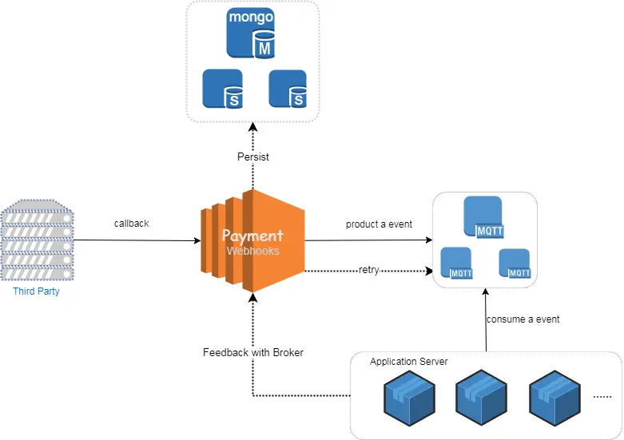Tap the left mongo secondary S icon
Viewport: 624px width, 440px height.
222,89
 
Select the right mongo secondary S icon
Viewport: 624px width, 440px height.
288,89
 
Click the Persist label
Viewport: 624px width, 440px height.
253,157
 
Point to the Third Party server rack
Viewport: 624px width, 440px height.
36,240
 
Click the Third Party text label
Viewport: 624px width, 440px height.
36,291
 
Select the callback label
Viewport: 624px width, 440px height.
131,224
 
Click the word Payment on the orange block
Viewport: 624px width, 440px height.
252,236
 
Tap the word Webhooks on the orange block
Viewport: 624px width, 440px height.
252,251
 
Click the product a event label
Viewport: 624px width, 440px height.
379,224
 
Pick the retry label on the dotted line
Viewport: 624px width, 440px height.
368,270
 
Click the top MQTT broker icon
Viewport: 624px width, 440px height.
484,217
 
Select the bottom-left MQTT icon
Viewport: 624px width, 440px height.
457,263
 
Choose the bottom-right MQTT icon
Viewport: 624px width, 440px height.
514,263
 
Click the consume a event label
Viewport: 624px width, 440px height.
523,319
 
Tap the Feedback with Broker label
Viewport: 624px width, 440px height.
253,352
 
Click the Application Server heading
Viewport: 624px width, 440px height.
408,362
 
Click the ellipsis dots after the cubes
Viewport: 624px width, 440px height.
602,395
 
